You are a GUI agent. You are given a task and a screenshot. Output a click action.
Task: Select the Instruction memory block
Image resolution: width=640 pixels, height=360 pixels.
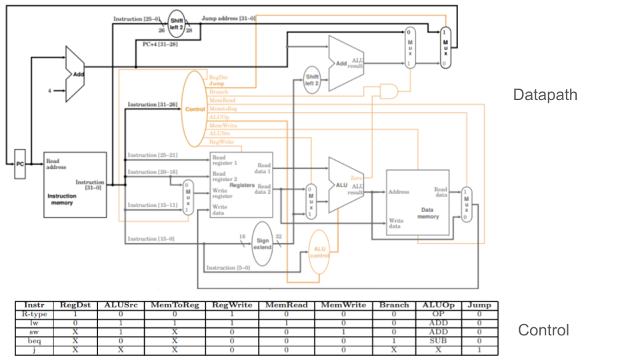tap(75, 185)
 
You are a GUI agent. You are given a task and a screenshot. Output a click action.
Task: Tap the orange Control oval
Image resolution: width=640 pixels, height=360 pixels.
tap(194, 109)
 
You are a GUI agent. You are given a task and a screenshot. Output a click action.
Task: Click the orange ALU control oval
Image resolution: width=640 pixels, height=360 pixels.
tap(319, 251)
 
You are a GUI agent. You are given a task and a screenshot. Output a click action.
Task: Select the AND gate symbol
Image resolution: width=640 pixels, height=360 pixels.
tap(389, 91)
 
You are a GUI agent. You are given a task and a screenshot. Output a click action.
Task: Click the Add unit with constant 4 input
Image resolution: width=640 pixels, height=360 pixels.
tap(76, 74)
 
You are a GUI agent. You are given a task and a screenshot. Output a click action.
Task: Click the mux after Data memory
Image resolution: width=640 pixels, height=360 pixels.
tap(466, 203)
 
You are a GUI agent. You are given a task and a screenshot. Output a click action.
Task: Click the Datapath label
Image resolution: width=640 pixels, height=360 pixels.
tap(545, 95)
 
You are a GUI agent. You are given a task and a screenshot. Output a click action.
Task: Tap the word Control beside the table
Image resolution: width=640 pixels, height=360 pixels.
tap(543, 330)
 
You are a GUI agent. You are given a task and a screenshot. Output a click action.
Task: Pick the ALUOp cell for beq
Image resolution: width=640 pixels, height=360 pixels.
tap(437, 340)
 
